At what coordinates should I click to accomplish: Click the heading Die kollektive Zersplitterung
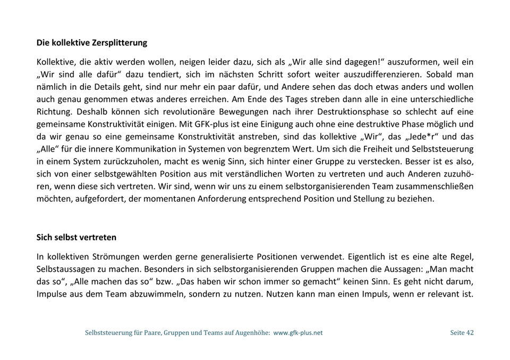point(92,43)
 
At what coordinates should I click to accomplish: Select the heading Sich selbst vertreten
point(76,237)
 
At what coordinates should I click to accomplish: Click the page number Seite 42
point(462,333)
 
